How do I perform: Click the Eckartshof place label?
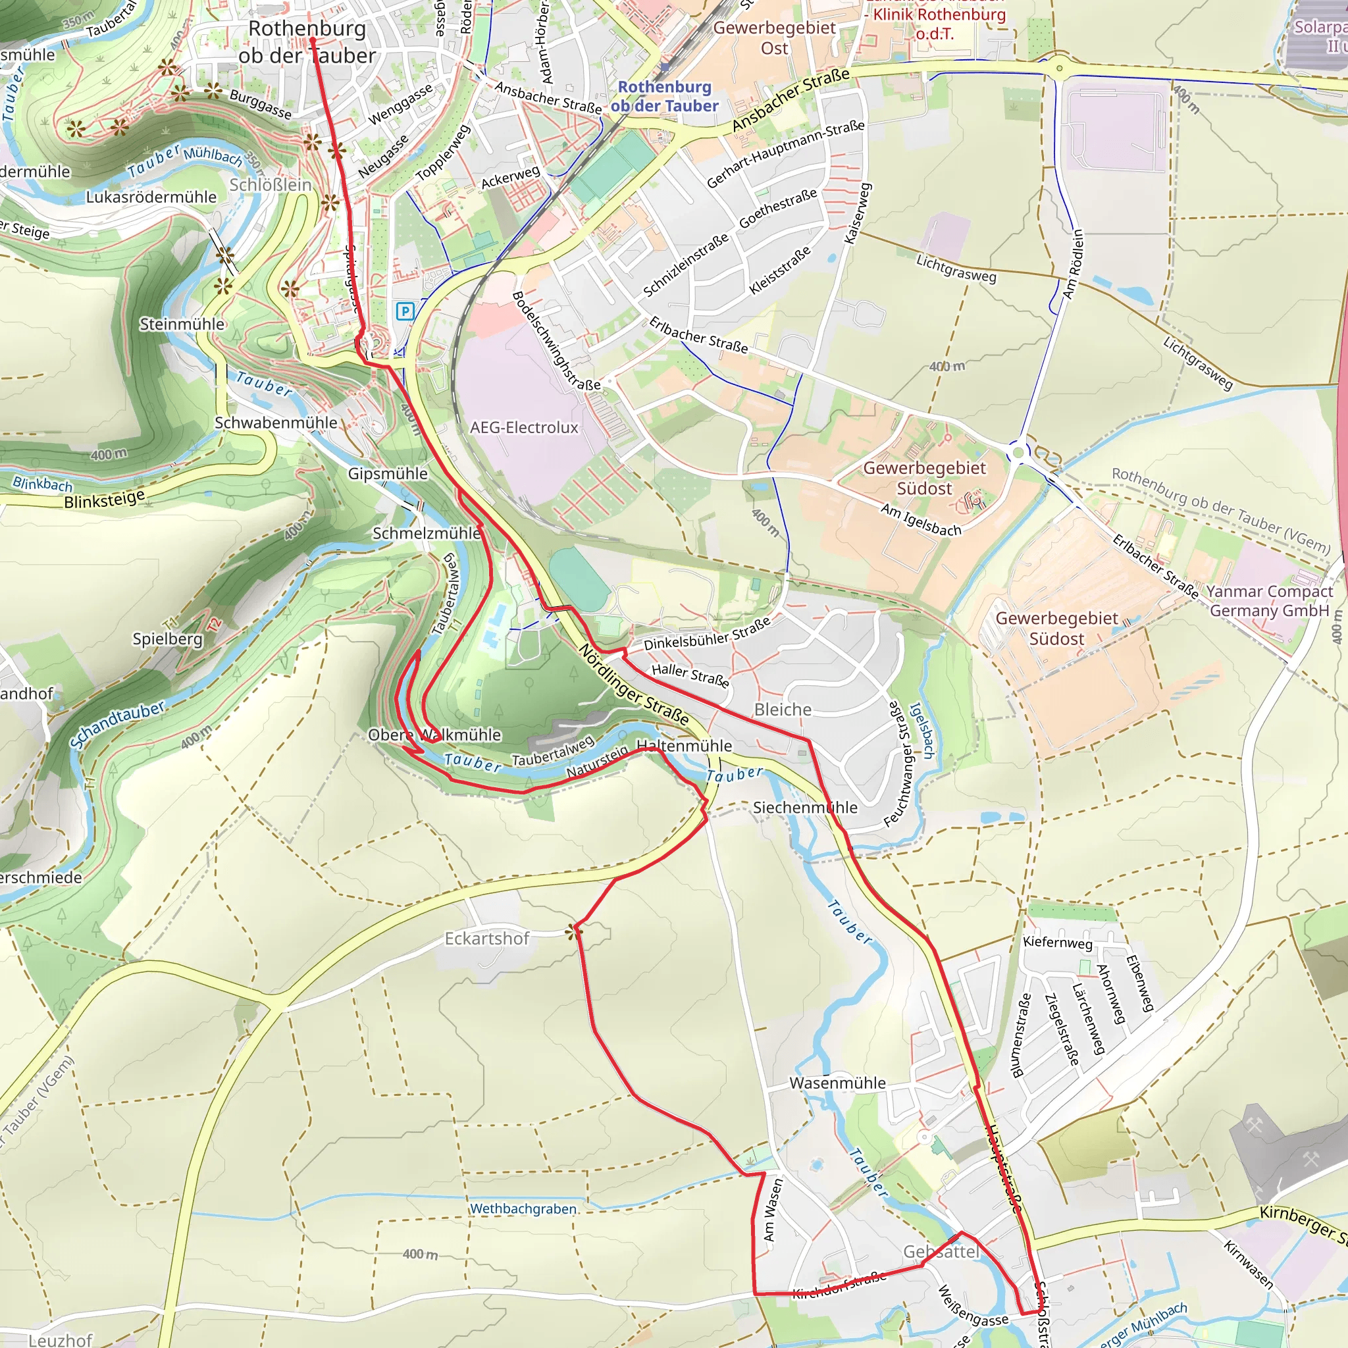tap(487, 939)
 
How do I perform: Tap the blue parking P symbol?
tap(405, 311)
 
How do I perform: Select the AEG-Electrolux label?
tap(524, 427)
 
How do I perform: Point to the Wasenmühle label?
tap(837, 1083)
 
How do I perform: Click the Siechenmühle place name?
tap(805, 807)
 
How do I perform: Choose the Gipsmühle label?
tap(388, 473)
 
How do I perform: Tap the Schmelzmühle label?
tap(427, 533)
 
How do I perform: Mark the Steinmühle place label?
tap(182, 324)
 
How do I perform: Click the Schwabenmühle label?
tap(276, 423)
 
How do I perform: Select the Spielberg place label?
tap(167, 638)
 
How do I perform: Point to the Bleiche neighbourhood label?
tap(783, 710)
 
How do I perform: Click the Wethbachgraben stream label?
tap(523, 1208)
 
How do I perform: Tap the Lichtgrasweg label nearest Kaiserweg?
tap(956, 269)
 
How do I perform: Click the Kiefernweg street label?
tap(1057, 943)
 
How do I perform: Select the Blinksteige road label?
tap(105, 499)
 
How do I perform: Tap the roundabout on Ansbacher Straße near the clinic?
tap(1059, 68)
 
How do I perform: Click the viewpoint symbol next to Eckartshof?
tap(574, 931)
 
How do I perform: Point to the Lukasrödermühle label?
tap(151, 197)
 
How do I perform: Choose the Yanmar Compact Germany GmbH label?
tap(1269, 601)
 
